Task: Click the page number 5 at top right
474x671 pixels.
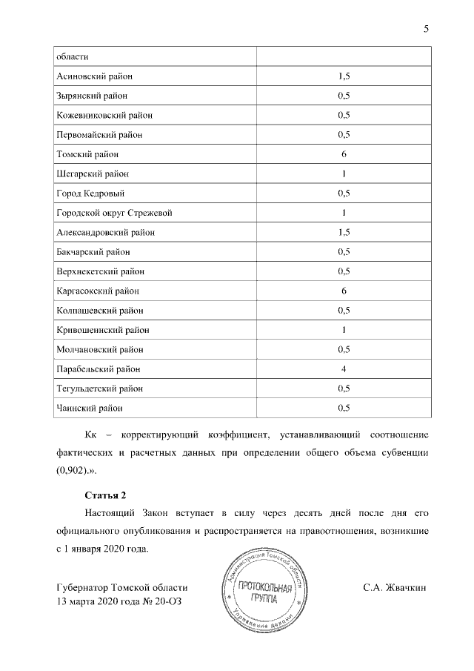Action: (426, 29)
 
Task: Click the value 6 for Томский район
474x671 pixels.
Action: (344, 154)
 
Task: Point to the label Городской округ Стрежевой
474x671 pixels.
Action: (115, 213)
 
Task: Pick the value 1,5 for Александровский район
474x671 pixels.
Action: (344, 232)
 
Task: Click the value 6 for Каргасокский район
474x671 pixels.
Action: (344, 291)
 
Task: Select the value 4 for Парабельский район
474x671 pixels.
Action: (344, 368)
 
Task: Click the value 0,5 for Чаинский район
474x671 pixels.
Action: (344, 408)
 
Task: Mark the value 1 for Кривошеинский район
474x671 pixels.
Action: (344, 329)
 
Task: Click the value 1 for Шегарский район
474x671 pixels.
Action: (344, 174)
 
